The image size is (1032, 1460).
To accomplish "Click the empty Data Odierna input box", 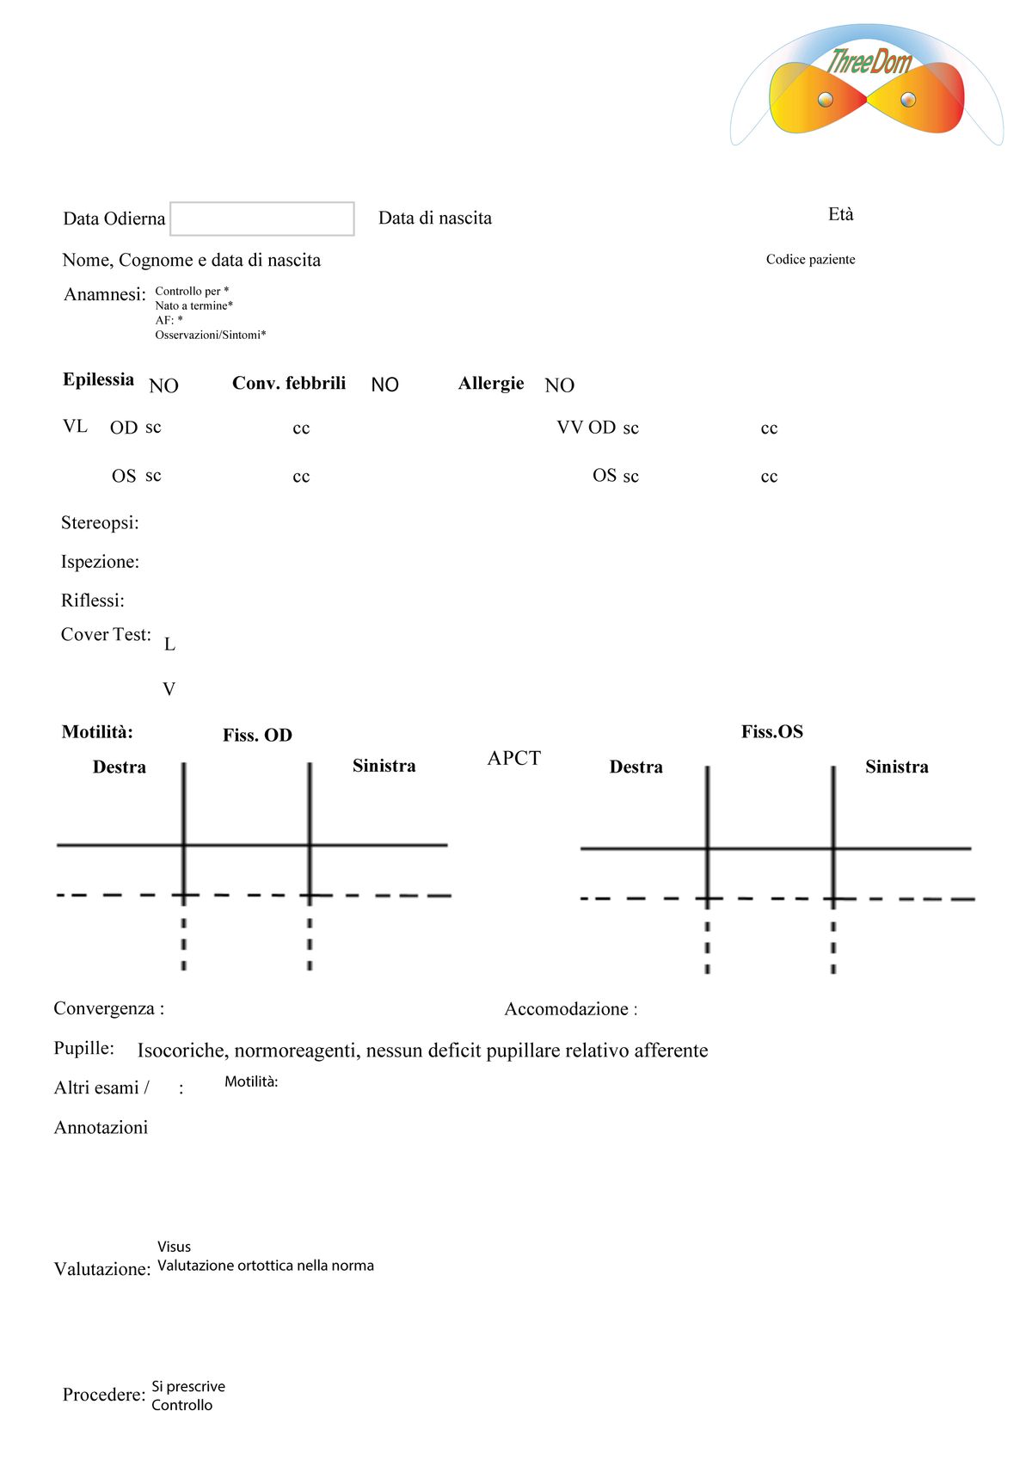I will [262, 219].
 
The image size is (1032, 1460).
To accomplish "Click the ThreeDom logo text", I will [869, 62].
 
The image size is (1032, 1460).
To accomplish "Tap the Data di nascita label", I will [435, 218].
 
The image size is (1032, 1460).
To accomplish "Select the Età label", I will [841, 214].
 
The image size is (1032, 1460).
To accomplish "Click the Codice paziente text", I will [810, 259].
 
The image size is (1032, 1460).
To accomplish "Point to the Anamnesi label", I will [105, 294].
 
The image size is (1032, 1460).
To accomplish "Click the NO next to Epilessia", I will [163, 385].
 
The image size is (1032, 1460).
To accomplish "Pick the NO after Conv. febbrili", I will [384, 385].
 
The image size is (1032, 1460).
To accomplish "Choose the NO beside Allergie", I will [559, 385].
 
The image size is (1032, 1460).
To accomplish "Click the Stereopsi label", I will [100, 522].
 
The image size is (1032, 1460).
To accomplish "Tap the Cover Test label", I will [106, 634].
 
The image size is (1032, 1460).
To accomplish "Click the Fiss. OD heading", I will [257, 735].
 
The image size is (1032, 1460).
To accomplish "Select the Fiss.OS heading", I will [771, 731].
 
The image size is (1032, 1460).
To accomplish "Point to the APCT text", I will [513, 758].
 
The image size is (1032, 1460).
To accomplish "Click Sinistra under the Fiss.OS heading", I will [896, 767].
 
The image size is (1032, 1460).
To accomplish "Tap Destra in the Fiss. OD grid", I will [120, 767].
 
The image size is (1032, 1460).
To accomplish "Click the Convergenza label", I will [108, 1008].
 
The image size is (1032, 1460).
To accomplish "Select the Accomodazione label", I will [570, 1009].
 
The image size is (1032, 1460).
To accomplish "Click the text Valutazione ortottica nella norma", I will [266, 1266].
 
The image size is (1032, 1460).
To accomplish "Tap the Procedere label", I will [104, 1395].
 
